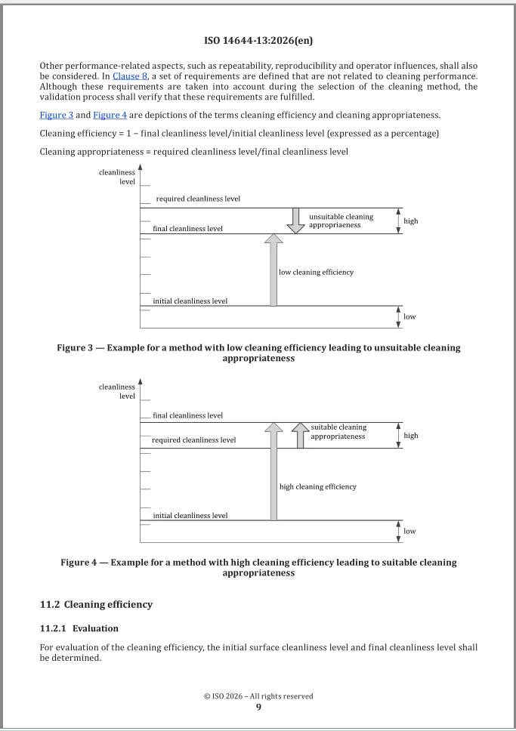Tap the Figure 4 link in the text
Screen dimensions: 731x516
click(x=110, y=116)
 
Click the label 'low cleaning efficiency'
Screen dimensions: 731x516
click(x=317, y=272)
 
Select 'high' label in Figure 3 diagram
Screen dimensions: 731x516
click(x=411, y=221)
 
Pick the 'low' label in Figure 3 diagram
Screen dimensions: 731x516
click(x=409, y=317)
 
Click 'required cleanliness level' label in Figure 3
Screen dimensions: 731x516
click(x=198, y=199)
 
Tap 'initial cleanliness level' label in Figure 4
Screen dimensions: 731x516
click(x=190, y=516)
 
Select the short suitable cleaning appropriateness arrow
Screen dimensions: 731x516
click(x=300, y=435)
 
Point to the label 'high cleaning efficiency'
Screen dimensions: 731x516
click(x=318, y=487)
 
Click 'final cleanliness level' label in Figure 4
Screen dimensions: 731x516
click(x=187, y=415)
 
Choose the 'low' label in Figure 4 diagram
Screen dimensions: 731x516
click(x=409, y=532)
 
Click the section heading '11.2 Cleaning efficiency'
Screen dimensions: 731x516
click(x=96, y=604)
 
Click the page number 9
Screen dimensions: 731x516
click(x=258, y=707)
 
